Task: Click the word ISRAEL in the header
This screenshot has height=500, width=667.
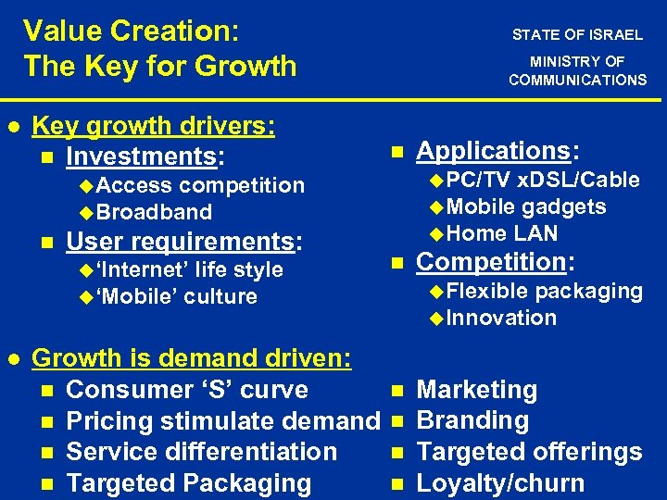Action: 617,35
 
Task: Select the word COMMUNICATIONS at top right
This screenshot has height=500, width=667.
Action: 577,80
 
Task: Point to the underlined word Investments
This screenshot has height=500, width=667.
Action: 141,156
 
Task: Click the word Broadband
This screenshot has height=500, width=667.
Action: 154,212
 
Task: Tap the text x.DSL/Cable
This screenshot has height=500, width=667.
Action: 579,180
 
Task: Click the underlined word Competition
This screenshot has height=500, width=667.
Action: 491,262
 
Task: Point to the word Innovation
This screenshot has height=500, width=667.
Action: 501,318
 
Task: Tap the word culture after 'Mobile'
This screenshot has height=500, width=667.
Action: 220,296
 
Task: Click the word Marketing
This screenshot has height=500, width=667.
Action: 477,390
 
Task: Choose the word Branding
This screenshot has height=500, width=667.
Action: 473,420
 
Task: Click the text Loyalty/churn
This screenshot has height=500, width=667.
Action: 501,482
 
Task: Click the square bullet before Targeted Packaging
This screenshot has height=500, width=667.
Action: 47,483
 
